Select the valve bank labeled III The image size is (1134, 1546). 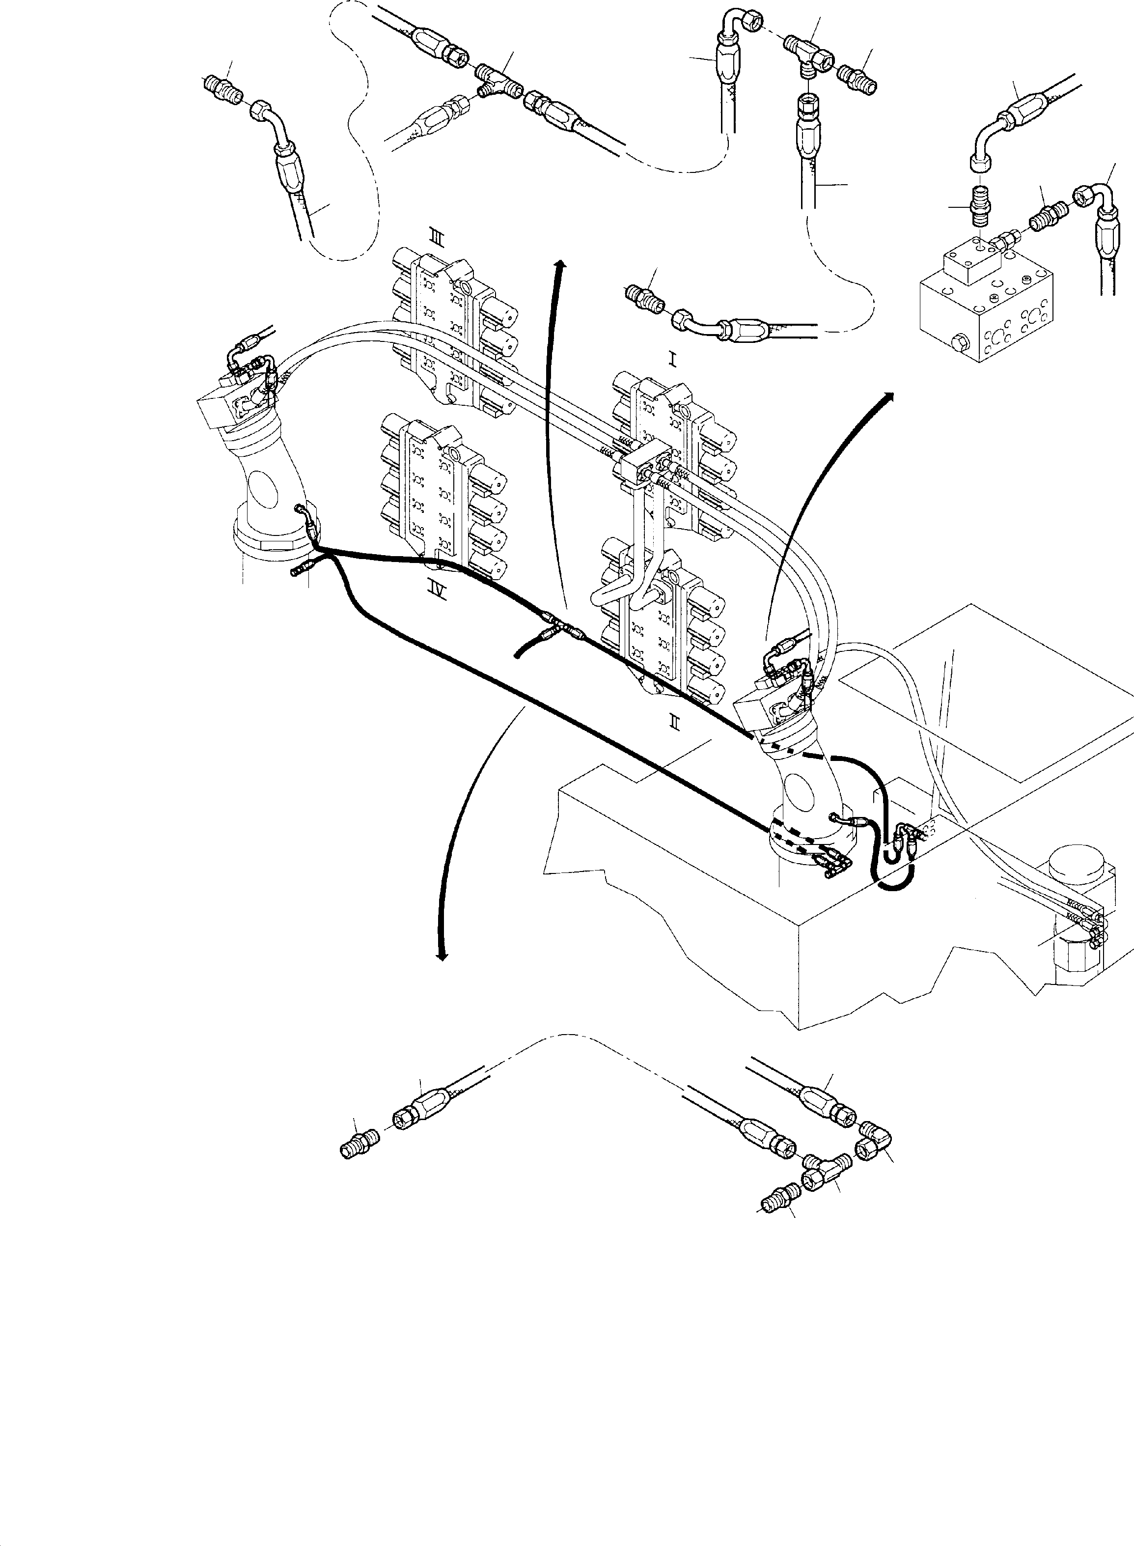pos(452,330)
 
